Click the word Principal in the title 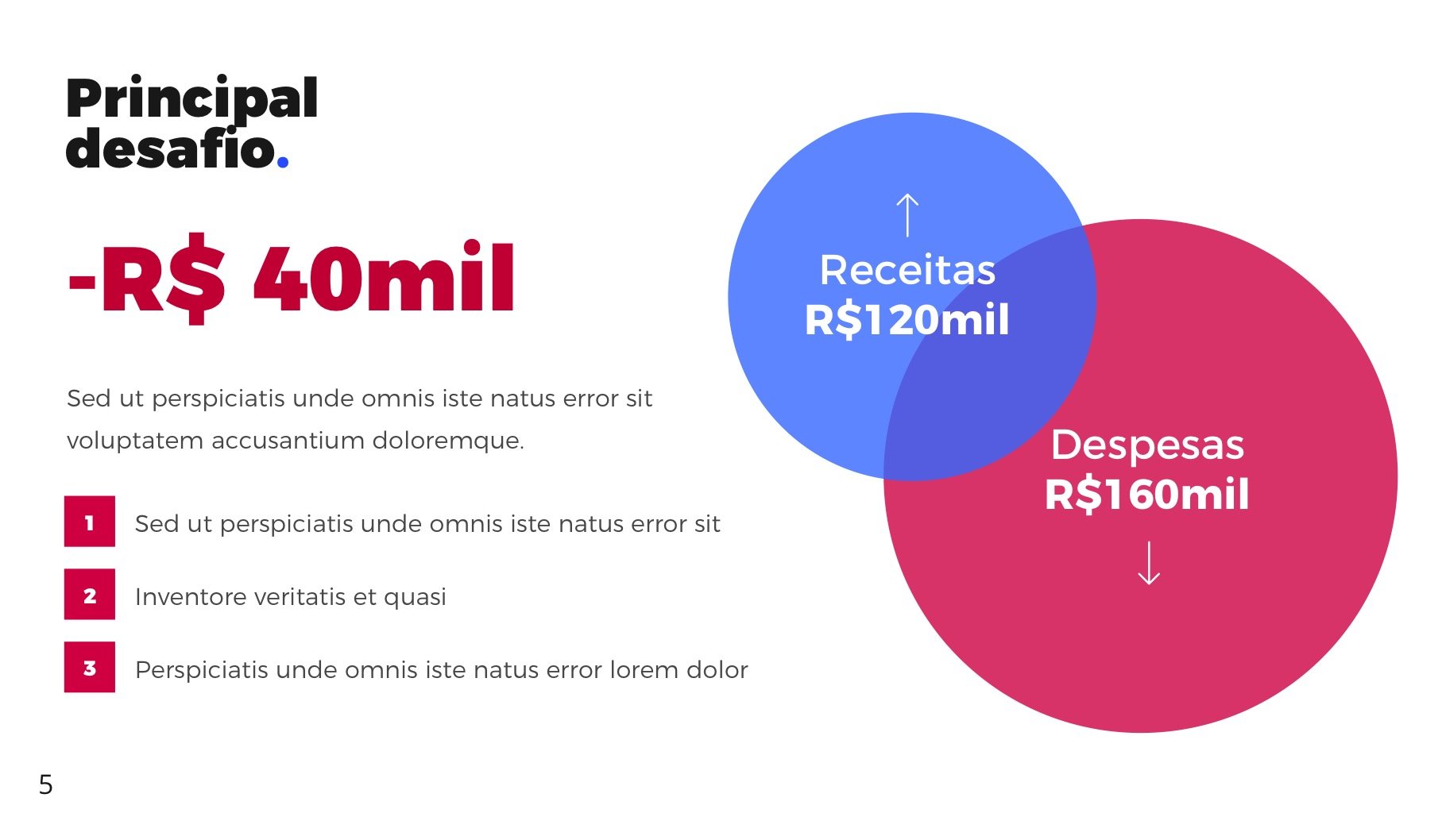tap(192, 99)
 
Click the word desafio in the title tap(171, 148)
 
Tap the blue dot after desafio tap(283, 164)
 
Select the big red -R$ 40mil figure tap(292, 278)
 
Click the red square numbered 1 tap(90, 522)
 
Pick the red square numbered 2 tap(90, 595)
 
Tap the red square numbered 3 tap(90, 668)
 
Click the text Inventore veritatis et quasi tap(291, 596)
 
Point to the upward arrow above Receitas tap(907, 215)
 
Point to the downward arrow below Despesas tap(1149, 563)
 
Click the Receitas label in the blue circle tap(907, 270)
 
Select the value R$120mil tap(907, 320)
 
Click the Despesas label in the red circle tap(1147, 445)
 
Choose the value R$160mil tap(1147, 495)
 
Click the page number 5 tap(46, 784)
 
